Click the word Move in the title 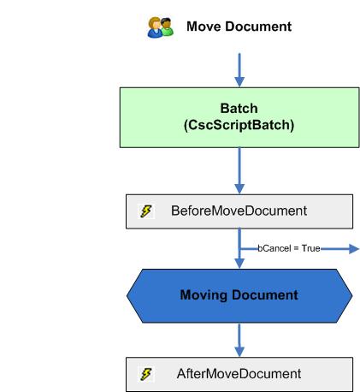203,27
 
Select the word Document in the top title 257,27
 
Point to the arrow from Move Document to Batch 239,68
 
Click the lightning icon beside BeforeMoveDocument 146,211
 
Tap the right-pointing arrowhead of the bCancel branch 351,249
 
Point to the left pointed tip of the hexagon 128,295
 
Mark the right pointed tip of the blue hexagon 351,295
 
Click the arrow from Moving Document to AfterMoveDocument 239,337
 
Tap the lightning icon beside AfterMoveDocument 146,374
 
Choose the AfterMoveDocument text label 239,374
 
